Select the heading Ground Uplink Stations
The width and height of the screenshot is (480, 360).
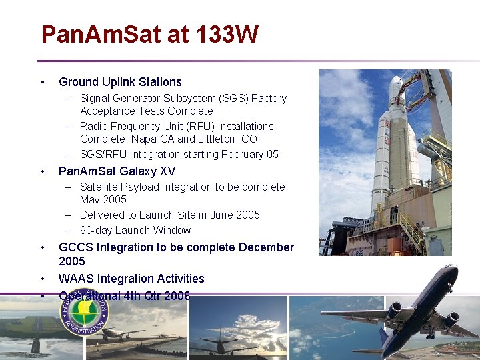120,82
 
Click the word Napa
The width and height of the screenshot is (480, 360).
145,139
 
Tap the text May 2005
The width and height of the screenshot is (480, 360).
103,200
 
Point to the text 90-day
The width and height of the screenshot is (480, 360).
96,230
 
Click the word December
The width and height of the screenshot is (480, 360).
266,247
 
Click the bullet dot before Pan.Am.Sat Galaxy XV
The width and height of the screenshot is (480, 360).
43,171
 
